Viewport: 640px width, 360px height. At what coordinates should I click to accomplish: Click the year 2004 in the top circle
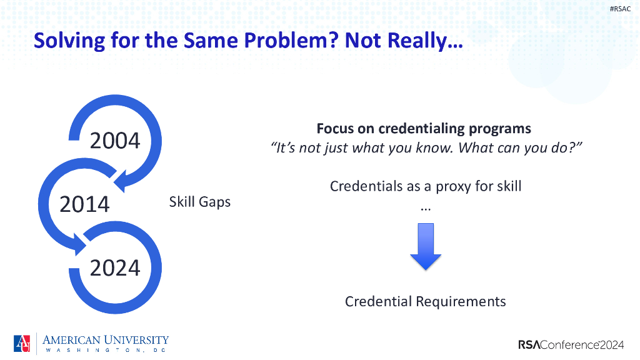point(115,141)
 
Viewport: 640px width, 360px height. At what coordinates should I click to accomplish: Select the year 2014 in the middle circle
point(84,204)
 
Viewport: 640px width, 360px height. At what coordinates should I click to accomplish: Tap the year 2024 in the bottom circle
point(115,267)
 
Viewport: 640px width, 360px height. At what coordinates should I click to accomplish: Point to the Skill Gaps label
point(200,202)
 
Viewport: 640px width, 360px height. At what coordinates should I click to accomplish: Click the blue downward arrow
point(426,246)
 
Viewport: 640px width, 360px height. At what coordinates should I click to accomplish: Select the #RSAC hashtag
point(620,9)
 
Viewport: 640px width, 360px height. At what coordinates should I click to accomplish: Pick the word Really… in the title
point(425,41)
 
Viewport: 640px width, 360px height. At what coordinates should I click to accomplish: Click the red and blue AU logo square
point(22,343)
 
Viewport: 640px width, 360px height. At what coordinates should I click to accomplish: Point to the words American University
point(105,340)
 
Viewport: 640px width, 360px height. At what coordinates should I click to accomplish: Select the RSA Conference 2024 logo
point(571,345)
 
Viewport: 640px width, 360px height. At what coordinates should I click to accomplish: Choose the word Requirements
point(461,302)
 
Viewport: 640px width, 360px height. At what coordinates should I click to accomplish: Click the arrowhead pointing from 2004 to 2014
point(122,181)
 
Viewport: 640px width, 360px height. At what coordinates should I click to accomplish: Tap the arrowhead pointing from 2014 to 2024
point(80,244)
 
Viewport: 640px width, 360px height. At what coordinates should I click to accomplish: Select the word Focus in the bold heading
point(335,129)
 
